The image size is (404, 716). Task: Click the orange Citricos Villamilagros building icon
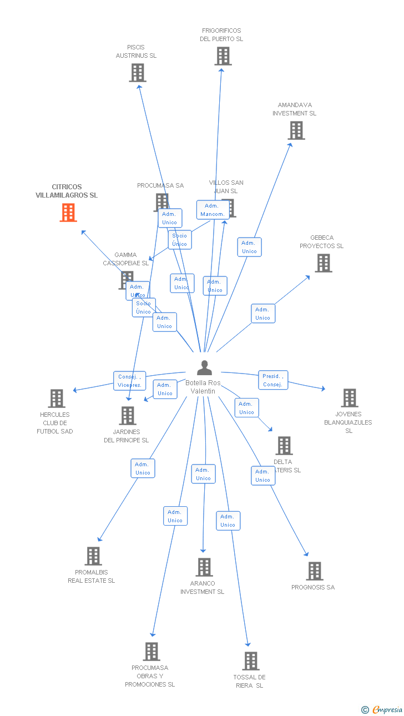coord(68,213)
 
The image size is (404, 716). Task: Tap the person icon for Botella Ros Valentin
coord(205,368)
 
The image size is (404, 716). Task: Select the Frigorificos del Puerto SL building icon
coord(223,56)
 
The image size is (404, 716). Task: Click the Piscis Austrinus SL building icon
coord(138,73)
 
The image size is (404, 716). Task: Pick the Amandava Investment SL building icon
coord(296,130)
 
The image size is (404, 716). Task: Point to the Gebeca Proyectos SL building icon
coord(324,263)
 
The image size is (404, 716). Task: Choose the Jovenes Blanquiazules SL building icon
coord(350,398)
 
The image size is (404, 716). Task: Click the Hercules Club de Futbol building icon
coord(57,399)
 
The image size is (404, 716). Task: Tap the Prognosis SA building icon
coord(315,571)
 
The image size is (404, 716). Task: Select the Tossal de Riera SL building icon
coord(251,661)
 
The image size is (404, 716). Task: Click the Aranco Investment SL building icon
coord(205,567)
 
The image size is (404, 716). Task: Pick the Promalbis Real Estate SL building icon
coord(93,556)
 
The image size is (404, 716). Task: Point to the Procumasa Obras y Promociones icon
coord(151,652)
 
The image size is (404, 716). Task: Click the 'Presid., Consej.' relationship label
coord(273,380)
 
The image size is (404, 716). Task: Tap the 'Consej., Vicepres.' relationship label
coord(130,381)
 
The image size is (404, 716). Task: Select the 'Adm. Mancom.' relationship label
coord(213,210)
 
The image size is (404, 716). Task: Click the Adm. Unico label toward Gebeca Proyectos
coord(262,314)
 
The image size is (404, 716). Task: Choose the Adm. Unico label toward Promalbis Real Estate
coord(143,468)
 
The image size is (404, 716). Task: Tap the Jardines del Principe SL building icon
coord(128,416)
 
